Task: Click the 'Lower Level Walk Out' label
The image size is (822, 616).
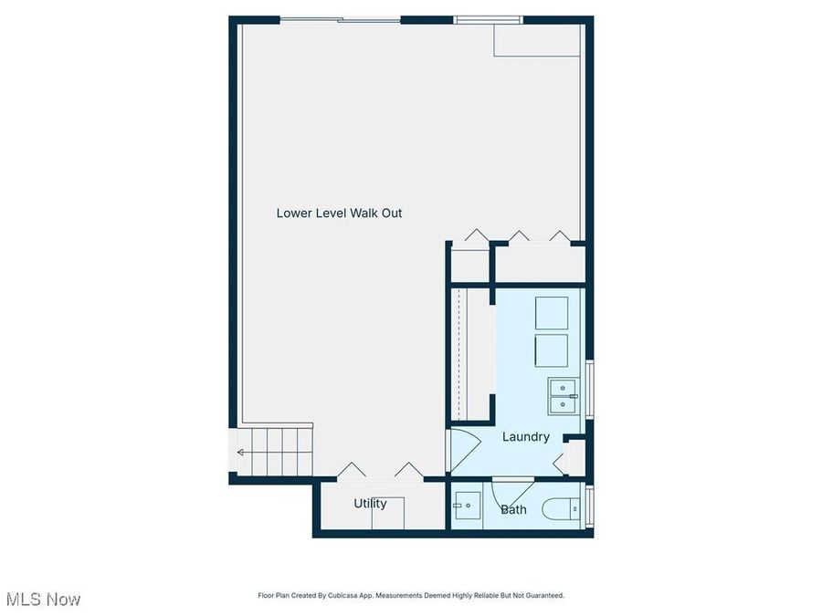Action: (x=339, y=214)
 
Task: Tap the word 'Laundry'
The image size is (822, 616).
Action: (x=526, y=437)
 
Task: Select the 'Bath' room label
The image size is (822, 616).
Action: (x=513, y=509)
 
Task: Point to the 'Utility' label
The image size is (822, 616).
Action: (x=370, y=504)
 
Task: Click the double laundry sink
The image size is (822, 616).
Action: (x=564, y=396)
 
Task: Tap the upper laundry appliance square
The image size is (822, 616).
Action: (x=551, y=313)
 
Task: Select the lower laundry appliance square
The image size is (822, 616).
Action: (x=551, y=350)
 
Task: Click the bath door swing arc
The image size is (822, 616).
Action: (x=504, y=497)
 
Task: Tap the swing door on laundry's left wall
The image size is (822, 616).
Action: (x=464, y=451)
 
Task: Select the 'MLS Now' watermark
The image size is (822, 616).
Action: (x=43, y=600)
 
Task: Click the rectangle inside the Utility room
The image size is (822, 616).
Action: (x=387, y=513)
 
